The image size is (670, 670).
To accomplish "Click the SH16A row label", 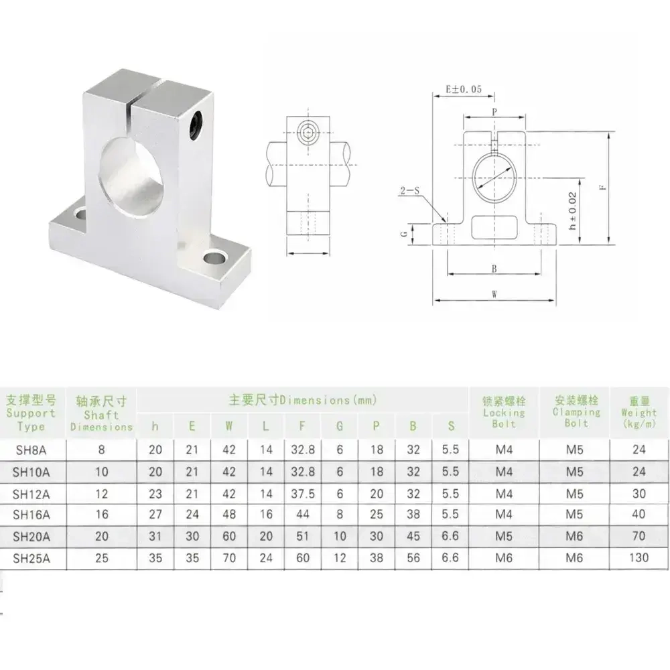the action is tap(31, 515).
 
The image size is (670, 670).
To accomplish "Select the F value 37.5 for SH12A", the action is tap(303, 494).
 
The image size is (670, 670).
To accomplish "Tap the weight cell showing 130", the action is tap(639, 557).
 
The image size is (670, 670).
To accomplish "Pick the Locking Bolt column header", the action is tap(504, 412).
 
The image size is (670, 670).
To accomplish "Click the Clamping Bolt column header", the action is tap(576, 412).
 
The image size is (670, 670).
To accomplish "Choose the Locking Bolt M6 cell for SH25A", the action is tap(504, 558).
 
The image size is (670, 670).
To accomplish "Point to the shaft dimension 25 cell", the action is tap(102, 558).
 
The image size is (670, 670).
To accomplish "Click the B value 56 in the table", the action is tap(413, 558).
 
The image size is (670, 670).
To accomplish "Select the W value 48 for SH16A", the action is tap(229, 515).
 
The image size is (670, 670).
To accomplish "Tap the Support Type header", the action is tap(31, 413).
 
